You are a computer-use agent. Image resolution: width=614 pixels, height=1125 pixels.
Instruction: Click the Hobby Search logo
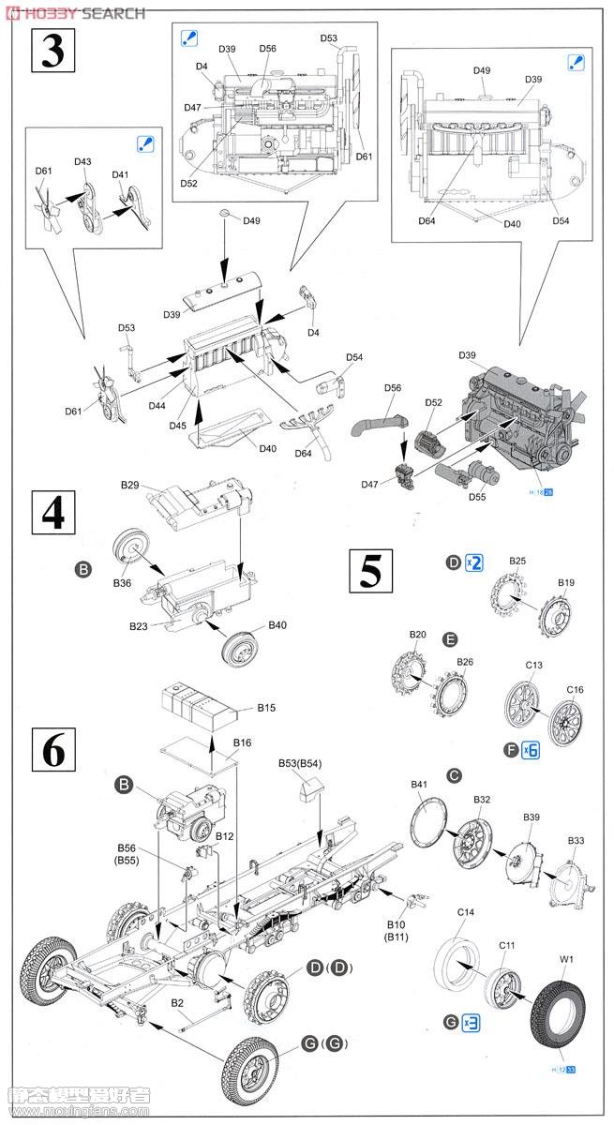pos(74,12)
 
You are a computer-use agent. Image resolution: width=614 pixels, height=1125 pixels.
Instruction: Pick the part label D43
pos(82,162)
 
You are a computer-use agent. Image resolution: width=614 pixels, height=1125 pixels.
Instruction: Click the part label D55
pos(477,498)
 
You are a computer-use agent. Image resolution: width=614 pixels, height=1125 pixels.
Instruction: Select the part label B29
pos(129,485)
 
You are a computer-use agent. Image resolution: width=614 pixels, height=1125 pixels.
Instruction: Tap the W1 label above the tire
pos(566,959)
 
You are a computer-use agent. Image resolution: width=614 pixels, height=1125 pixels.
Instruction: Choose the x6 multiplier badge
pos(530,749)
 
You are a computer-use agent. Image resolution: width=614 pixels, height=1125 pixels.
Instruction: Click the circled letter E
pos(450,639)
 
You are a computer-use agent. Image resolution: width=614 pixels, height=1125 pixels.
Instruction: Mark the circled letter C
pos(454,775)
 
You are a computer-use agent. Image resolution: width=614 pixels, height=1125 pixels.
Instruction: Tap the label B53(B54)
pos(300,764)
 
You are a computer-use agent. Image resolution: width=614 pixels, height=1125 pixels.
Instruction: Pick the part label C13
pos(533,666)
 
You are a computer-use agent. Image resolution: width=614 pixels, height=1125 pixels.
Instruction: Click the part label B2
pos(175,1003)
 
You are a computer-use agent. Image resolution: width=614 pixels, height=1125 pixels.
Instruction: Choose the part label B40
pos(277,625)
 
